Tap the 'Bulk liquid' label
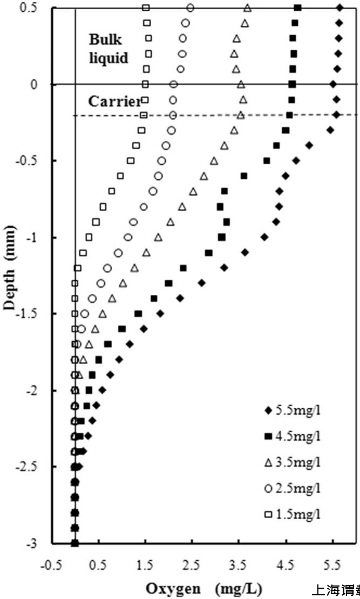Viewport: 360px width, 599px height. click(108, 49)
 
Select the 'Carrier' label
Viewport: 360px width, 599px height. click(114, 101)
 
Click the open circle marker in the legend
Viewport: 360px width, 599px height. click(267, 488)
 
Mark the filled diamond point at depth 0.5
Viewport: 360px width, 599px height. click(339, 8)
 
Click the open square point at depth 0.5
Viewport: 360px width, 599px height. click(146, 8)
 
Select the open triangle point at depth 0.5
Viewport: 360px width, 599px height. click(247, 8)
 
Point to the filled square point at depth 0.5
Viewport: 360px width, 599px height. click(298, 8)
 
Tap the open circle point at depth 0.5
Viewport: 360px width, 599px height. click(190, 8)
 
